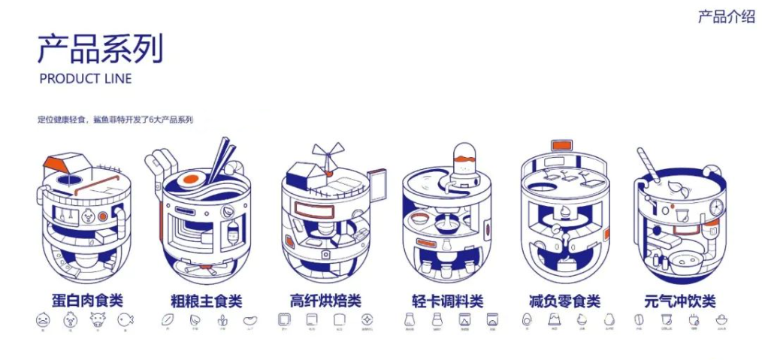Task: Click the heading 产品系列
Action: click(100, 49)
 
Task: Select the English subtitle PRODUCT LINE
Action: click(85, 79)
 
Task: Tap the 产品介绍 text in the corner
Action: click(726, 17)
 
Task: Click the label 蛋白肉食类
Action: click(84, 301)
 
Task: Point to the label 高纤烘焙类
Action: click(325, 301)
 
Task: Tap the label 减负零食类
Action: click(564, 301)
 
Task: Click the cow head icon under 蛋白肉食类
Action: click(97, 320)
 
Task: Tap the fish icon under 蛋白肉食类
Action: click(125, 320)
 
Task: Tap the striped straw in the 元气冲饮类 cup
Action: click(649, 163)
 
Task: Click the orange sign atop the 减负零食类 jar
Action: click(561, 144)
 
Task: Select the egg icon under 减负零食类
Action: click(526, 320)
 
